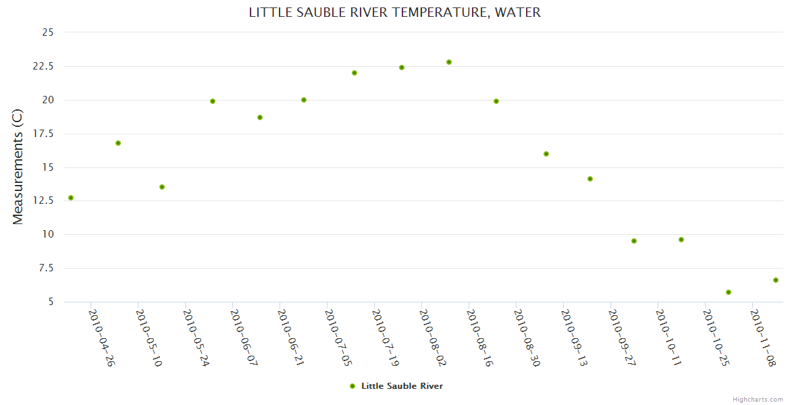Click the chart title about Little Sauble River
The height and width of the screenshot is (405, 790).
pyautogui.click(x=394, y=12)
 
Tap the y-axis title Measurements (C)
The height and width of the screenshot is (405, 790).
pyautogui.click(x=18, y=167)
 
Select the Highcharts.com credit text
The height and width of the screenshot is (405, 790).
pyautogui.click(x=758, y=400)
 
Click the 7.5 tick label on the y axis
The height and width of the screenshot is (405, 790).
pyautogui.click(x=47, y=268)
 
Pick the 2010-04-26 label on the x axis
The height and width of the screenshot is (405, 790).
pyautogui.click(x=101, y=337)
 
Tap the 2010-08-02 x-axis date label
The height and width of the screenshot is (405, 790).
pyautogui.click(x=432, y=337)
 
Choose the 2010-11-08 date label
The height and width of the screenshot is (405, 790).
pyautogui.click(x=763, y=337)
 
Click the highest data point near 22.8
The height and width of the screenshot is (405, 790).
pyautogui.click(x=449, y=62)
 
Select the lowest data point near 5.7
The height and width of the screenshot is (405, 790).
pyautogui.click(x=729, y=292)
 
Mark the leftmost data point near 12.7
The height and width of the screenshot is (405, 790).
pyautogui.click(x=71, y=198)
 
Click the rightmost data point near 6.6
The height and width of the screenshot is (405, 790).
pyautogui.click(x=776, y=280)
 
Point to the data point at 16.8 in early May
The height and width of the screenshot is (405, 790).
pyautogui.click(x=118, y=143)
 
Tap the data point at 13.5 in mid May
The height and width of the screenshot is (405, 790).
pyautogui.click(x=162, y=187)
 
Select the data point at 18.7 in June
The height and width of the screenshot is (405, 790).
pyautogui.click(x=260, y=117)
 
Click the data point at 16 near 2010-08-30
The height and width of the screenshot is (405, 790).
pyautogui.click(x=546, y=154)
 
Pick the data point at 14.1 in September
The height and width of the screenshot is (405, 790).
pyautogui.click(x=590, y=179)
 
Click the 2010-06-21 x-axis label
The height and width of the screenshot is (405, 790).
pyautogui.click(x=290, y=337)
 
